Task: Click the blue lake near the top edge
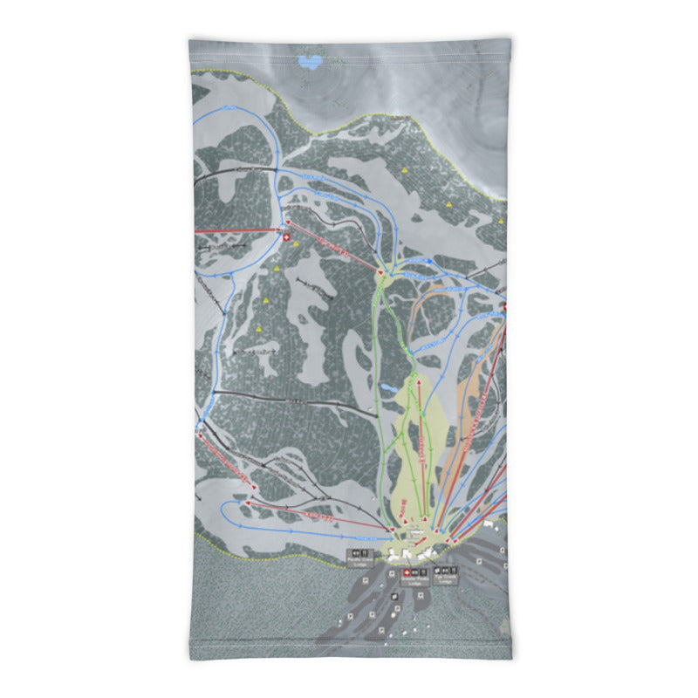309,62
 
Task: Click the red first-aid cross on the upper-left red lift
285,235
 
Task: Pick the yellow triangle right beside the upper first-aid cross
296,243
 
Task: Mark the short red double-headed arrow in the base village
416,530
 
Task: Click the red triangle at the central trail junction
381,274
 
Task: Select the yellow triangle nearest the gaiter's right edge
503,221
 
